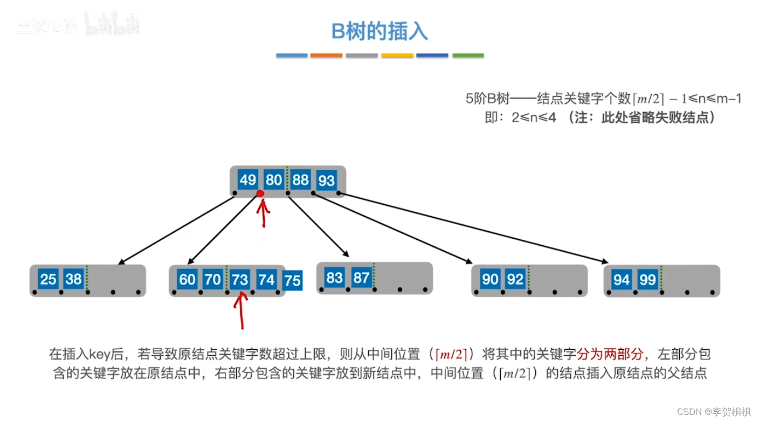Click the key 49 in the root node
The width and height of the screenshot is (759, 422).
click(248, 179)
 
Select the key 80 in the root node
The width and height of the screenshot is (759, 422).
click(274, 179)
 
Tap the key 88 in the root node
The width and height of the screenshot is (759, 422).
click(301, 179)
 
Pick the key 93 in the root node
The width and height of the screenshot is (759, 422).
click(327, 180)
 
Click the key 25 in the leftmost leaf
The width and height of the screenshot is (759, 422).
click(49, 279)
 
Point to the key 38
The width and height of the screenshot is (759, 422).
click(73, 279)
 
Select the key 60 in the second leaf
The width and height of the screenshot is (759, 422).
click(188, 279)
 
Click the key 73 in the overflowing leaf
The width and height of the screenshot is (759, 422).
click(240, 279)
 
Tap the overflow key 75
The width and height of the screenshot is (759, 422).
click(292, 280)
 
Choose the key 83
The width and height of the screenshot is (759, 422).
click(335, 278)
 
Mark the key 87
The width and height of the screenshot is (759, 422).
click(361, 278)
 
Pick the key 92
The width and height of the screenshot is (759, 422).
click(515, 279)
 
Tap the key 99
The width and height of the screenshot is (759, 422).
click(647, 280)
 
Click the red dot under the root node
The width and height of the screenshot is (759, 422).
click(260, 193)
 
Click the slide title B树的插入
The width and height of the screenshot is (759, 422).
click(379, 32)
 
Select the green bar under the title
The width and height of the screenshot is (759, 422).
click(468, 56)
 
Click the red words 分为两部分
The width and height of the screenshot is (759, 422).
click(610, 354)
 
